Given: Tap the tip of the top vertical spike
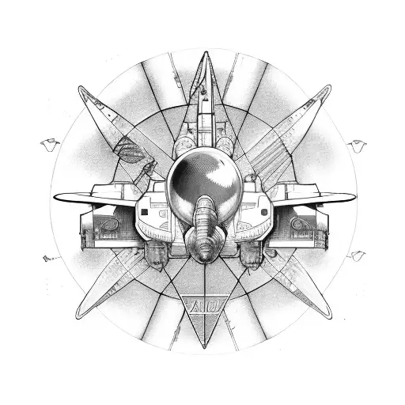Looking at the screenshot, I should point(203,53).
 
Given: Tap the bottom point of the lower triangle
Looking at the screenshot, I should point(203,346).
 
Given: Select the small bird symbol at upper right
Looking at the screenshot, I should point(356,145).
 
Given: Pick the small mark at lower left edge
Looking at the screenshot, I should point(50,258).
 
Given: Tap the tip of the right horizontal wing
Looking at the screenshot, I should point(353,195).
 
